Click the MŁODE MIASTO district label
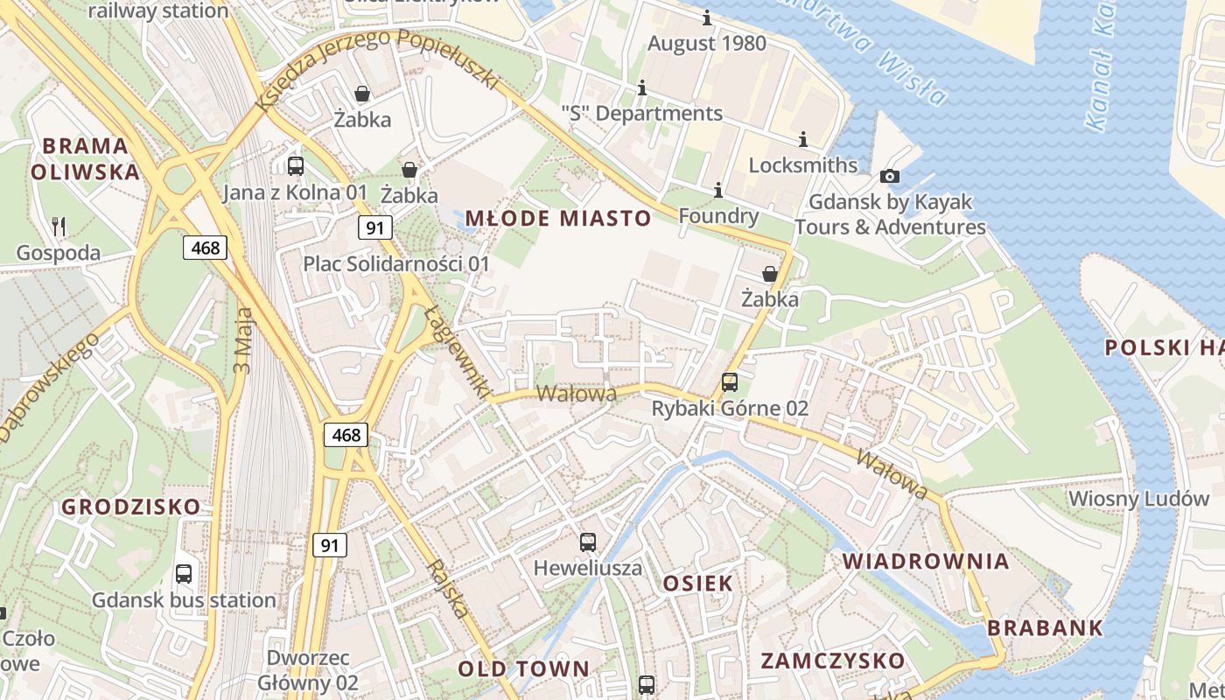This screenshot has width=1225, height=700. tap(558, 219)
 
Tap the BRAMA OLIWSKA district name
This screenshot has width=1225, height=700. tap(85, 158)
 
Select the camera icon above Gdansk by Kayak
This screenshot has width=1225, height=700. tap(890, 177)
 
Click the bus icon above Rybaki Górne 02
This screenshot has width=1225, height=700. tap(729, 382)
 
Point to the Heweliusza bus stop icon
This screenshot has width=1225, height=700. tap(588, 542)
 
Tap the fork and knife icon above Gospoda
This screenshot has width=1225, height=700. tap(59, 227)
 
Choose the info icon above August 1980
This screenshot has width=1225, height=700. tap(707, 18)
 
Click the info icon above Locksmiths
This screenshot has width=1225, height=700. tap(803, 140)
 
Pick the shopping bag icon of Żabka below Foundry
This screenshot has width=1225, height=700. tap(770, 274)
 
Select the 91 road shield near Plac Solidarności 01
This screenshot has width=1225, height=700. tap(374, 228)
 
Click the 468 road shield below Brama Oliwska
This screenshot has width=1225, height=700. tap(206, 248)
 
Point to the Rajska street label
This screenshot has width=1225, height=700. tap(447, 589)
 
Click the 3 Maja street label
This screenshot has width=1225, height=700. tap(242, 340)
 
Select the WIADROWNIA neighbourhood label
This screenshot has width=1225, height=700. tap(926, 562)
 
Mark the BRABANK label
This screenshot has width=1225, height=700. tap(1045, 628)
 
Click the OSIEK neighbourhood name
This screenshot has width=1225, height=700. tap(697, 584)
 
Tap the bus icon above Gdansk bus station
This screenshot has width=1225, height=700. tap(184, 574)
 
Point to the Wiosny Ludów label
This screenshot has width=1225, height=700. tap(1138, 499)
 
